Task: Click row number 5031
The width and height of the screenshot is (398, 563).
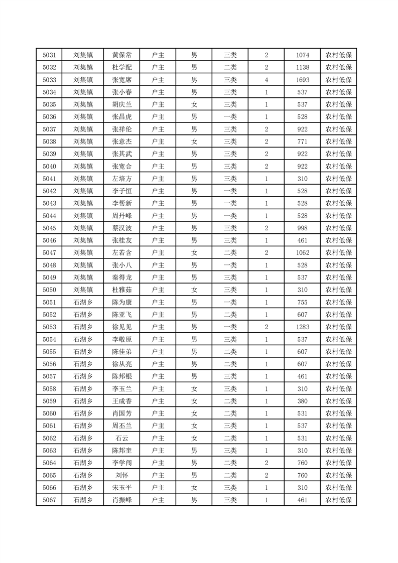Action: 49,55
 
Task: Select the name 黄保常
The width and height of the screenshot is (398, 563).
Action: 122,55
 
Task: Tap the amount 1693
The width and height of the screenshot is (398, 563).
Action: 303,80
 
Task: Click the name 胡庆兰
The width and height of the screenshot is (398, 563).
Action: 122,104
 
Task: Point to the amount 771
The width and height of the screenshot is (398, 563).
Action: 303,142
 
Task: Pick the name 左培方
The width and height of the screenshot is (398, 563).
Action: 122,179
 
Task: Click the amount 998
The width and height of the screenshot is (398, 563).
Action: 303,228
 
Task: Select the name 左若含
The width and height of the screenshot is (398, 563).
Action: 122,252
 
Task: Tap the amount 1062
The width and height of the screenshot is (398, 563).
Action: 303,252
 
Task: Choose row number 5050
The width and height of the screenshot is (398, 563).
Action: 49,290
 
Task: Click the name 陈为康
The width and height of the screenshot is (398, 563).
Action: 122,302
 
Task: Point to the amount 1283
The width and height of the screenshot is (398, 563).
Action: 303,327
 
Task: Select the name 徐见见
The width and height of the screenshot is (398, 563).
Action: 122,327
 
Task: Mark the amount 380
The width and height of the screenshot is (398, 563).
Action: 303,401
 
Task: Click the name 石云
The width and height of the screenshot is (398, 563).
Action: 122,438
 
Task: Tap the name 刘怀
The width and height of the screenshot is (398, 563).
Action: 122,475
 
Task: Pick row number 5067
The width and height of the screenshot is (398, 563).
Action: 49,500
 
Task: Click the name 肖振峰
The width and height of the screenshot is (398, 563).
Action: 122,500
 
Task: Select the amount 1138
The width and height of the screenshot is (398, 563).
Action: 303,67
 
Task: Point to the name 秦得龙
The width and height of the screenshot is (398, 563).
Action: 122,277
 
